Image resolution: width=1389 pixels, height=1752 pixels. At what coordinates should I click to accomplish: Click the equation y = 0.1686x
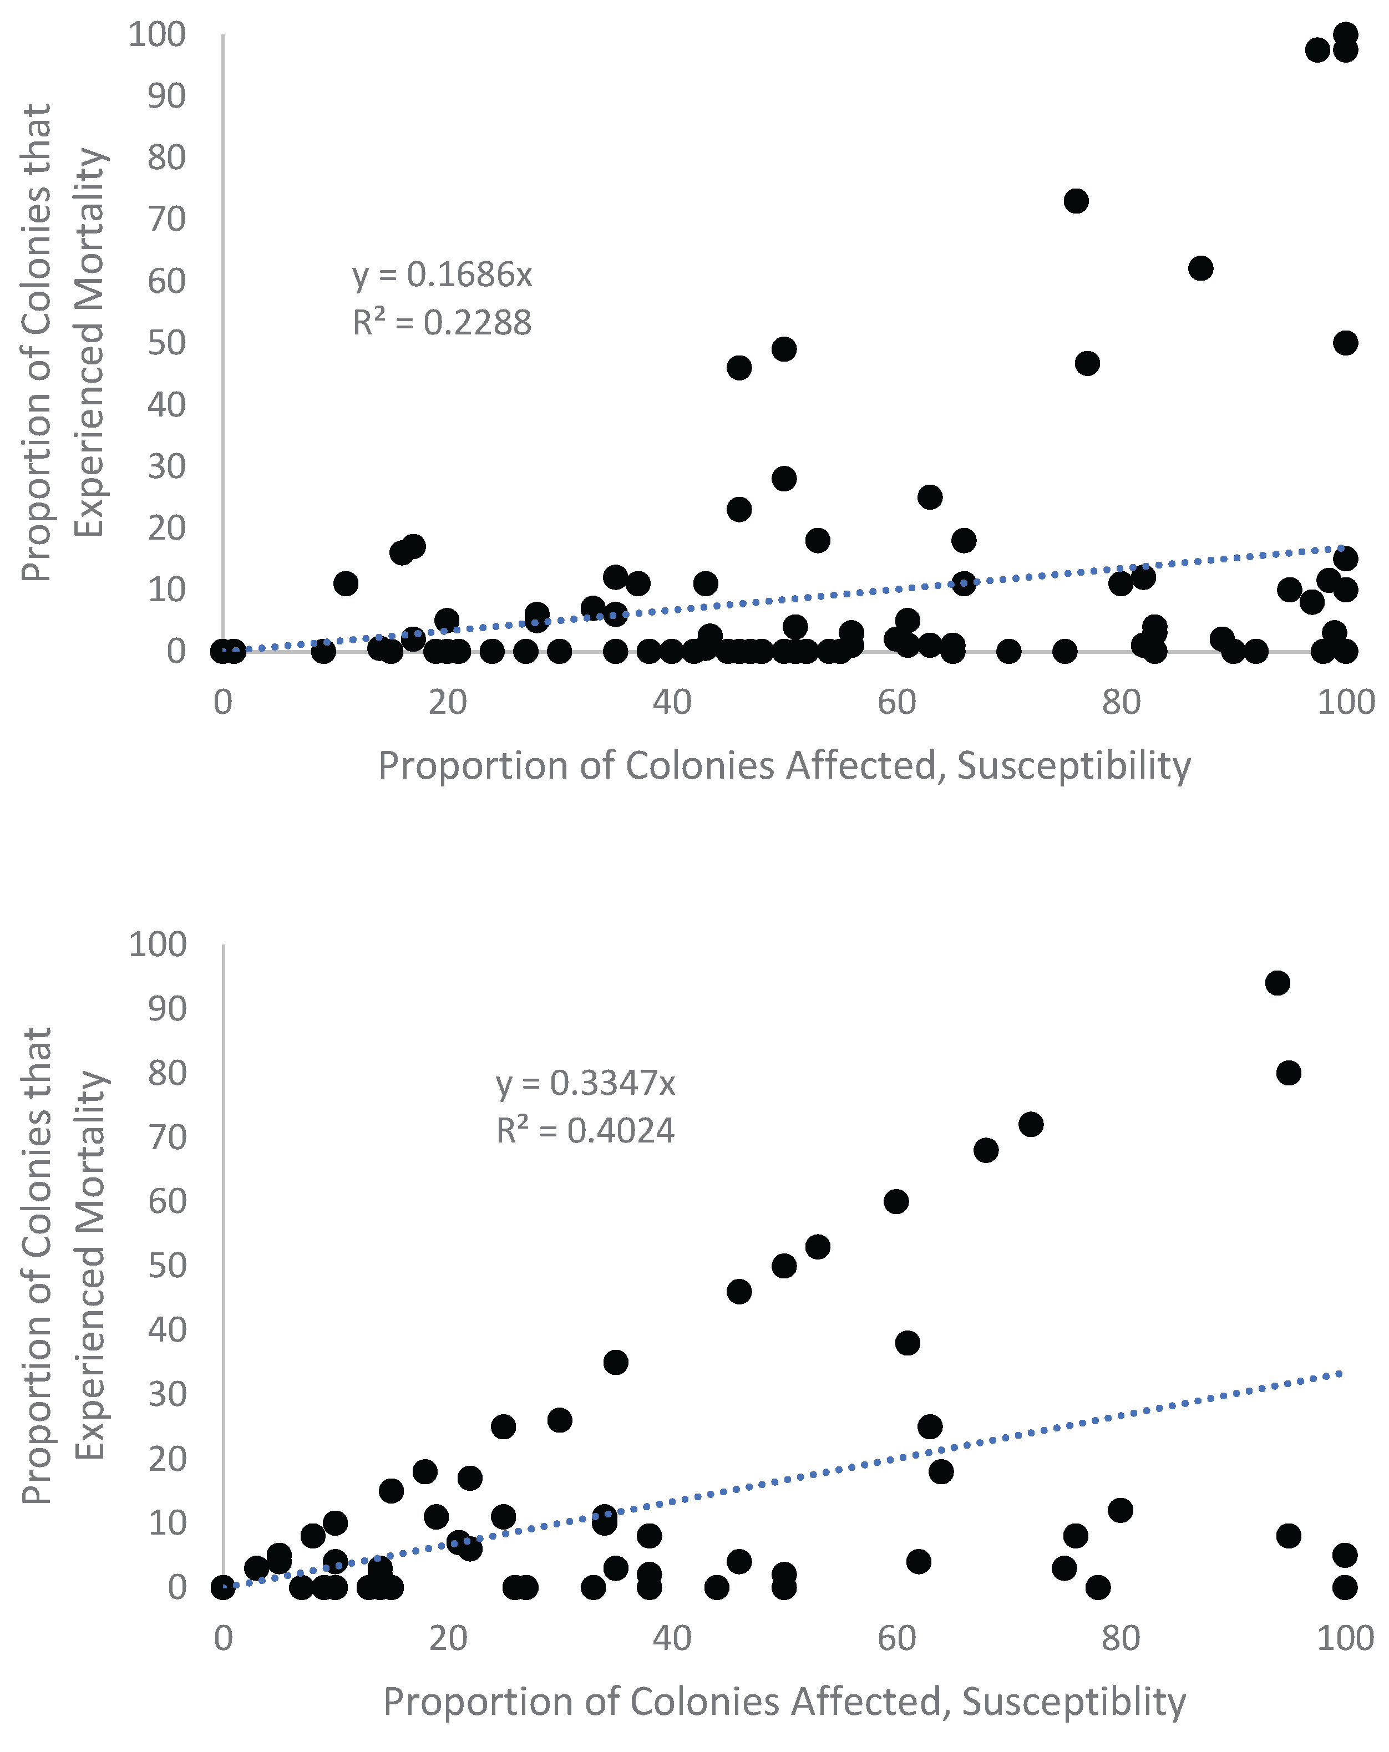click(x=442, y=276)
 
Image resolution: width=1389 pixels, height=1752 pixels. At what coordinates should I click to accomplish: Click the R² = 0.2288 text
click(x=442, y=323)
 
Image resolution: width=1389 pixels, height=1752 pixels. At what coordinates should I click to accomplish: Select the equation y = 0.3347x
click(x=585, y=1083)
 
